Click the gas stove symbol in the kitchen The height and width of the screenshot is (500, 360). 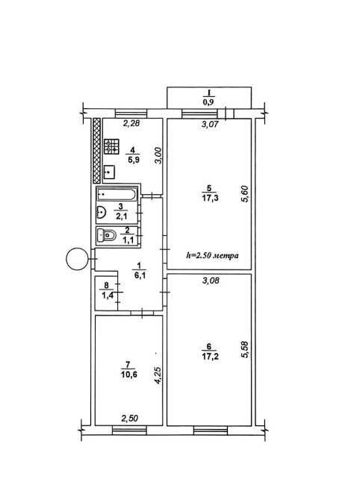pos(111,146)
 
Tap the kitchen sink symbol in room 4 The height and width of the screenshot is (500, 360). pos(110,172)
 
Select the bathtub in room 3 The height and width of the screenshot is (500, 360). pos(117,194)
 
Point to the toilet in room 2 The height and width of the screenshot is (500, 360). pos(107,236)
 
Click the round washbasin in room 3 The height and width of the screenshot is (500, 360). pos(101,212)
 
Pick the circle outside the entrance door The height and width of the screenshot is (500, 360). pos(77,259)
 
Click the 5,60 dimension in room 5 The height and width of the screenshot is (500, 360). pos(245,194)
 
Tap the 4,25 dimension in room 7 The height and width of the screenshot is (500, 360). pos(158,375)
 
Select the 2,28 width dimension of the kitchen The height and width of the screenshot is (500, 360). pos(131,123)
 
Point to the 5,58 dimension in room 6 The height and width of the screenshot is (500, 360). pos(245,350)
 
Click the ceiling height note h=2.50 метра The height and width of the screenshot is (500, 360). pos(213,255)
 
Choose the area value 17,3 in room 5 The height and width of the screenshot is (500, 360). pos(210,199)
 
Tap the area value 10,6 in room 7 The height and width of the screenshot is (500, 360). pos(129,375)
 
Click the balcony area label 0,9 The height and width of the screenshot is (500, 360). pos(208,102)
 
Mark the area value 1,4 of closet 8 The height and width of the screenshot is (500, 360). pos(108,296)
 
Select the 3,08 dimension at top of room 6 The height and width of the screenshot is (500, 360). pos(211,281)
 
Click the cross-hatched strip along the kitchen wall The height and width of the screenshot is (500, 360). pos(96,151)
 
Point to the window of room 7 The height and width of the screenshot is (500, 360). pos(129,431)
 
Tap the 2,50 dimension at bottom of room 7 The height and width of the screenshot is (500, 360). pos(130,418)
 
